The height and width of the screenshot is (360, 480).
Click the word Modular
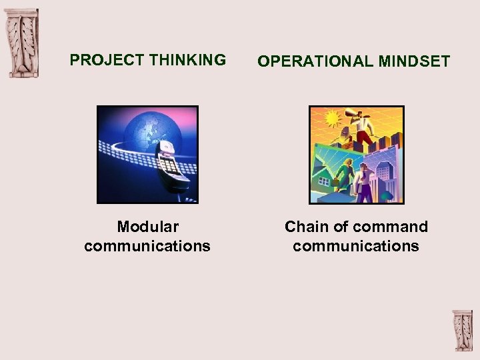(147, 227)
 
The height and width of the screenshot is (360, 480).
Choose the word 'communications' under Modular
(147, 246)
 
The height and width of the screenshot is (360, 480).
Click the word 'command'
(393, 227)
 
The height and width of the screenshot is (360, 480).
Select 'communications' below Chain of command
(356, 246)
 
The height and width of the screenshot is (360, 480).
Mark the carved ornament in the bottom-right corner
(462, 330)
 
